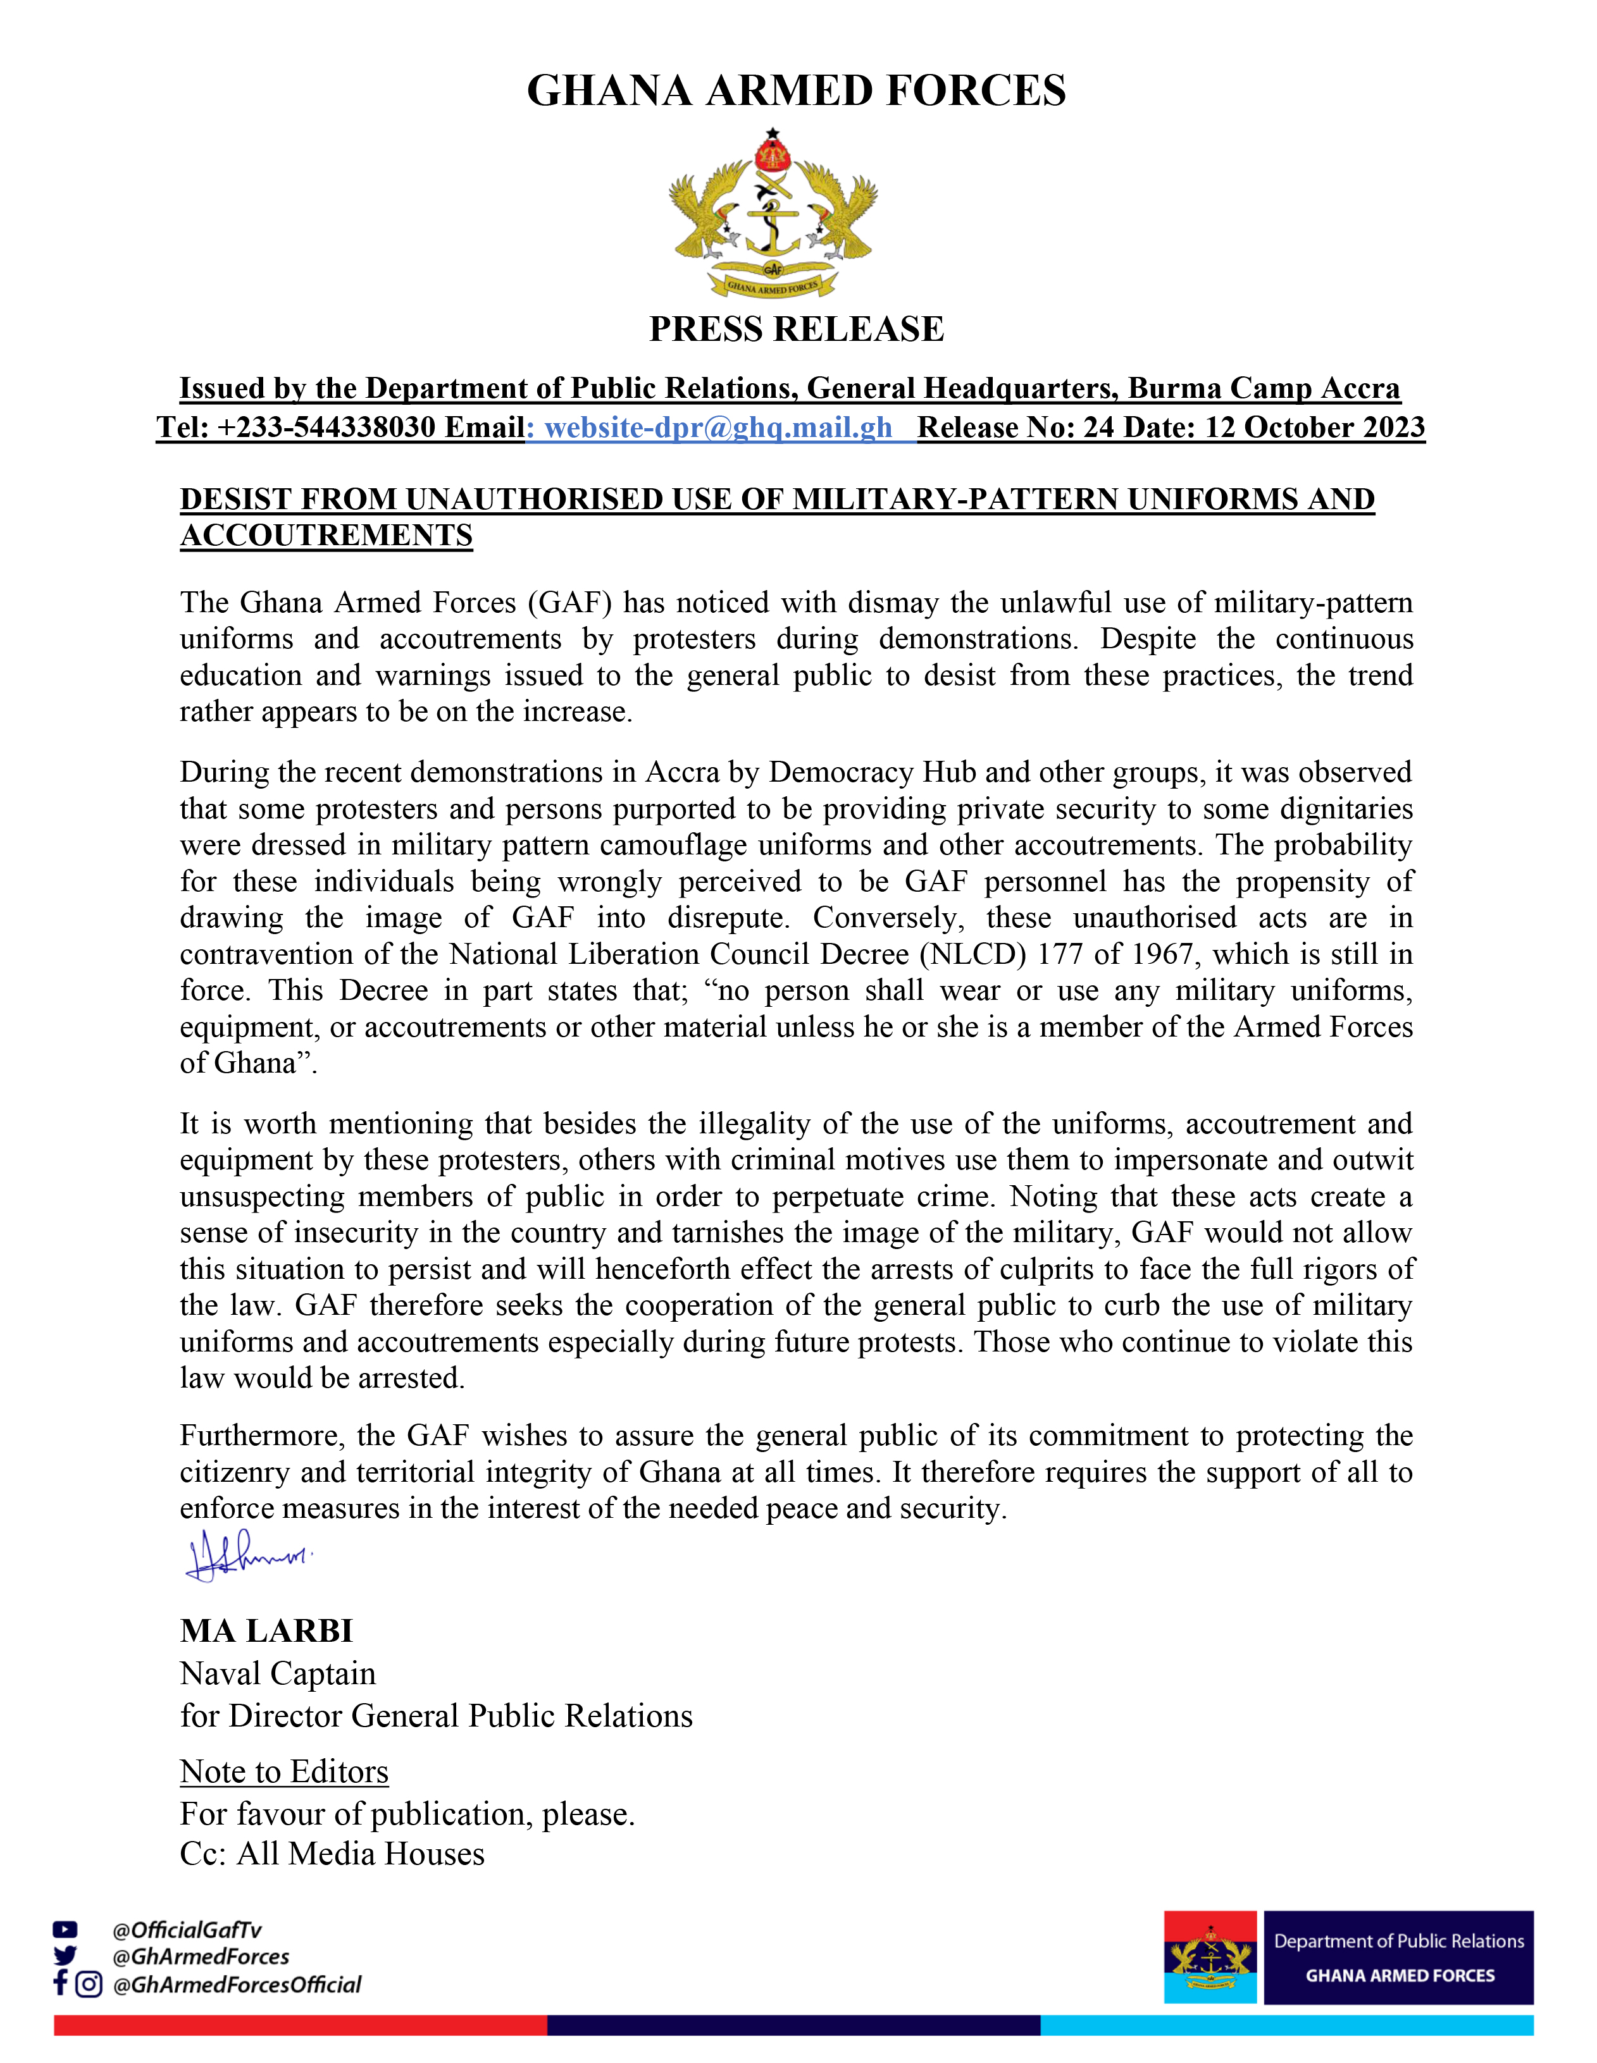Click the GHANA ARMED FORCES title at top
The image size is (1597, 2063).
(797, 90)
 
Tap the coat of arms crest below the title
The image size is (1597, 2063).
(773, 216)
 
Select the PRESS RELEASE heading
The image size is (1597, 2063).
(797, 329)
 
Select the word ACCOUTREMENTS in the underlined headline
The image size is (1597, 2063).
(326, 536)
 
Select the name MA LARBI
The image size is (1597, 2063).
(266, 1630)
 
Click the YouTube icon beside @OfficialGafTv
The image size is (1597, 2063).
(65, 1930)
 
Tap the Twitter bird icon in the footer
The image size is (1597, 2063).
(65, 1956)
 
